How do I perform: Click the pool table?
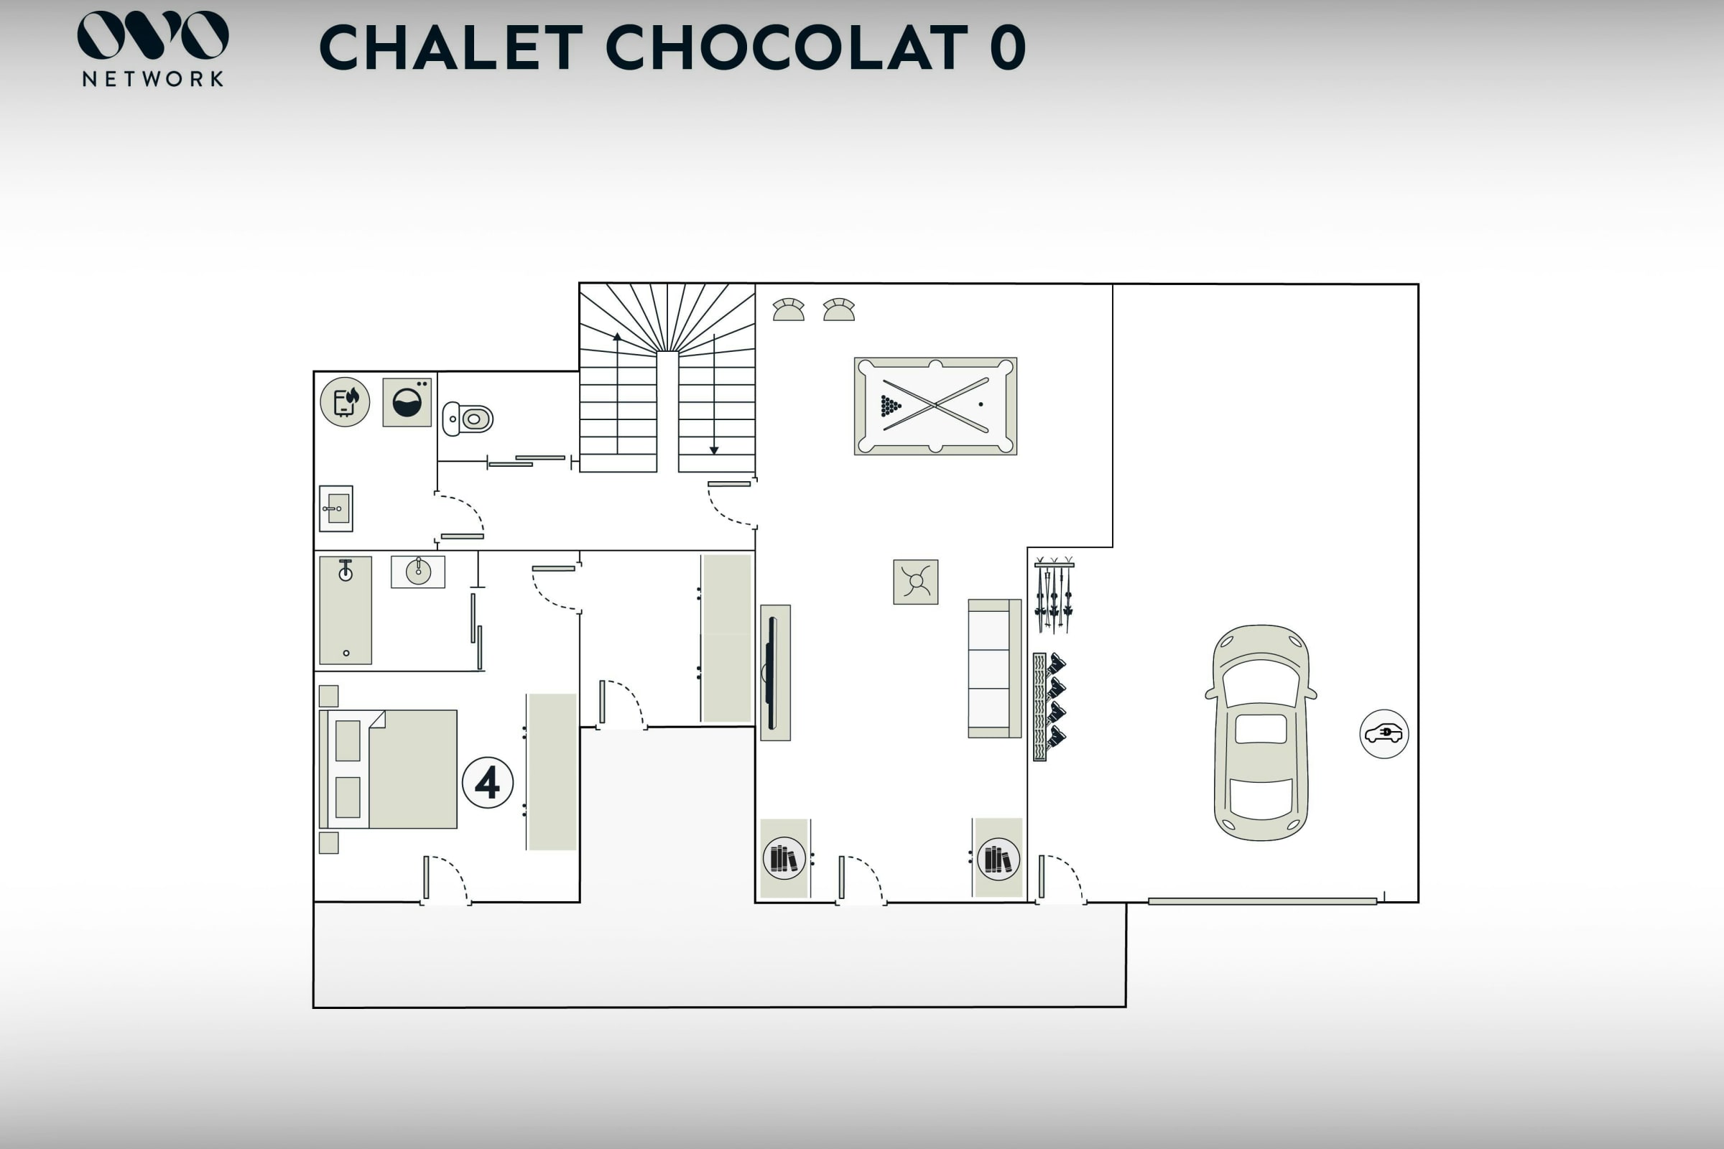935,406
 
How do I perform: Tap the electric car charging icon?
1384,733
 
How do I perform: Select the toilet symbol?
468,419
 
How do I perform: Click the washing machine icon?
407,402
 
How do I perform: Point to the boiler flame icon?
346,401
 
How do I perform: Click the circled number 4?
488,783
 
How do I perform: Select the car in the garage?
1261,732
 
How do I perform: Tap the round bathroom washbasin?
418,572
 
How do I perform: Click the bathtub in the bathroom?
346,610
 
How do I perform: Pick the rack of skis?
1054,595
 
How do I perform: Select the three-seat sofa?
994,669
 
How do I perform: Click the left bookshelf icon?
784,858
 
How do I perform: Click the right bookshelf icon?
998,858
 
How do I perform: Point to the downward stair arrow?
714,396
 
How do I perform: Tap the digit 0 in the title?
1007,47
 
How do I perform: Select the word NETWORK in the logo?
152,79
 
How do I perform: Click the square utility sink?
336,508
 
